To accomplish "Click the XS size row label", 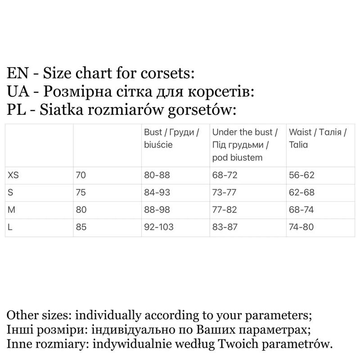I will [14, 175].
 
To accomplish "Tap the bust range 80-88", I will [157, 175].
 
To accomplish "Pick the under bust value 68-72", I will [225, 175].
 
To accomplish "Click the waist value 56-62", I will [301, 175].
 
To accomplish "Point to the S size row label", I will [11, 193].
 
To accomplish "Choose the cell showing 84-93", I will [157, 193].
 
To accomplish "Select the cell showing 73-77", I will [225, 193].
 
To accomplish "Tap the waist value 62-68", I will [301, 193].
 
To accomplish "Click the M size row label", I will [12, 210].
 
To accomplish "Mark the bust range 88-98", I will [157, 210].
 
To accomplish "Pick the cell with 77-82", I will [225, 210].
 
